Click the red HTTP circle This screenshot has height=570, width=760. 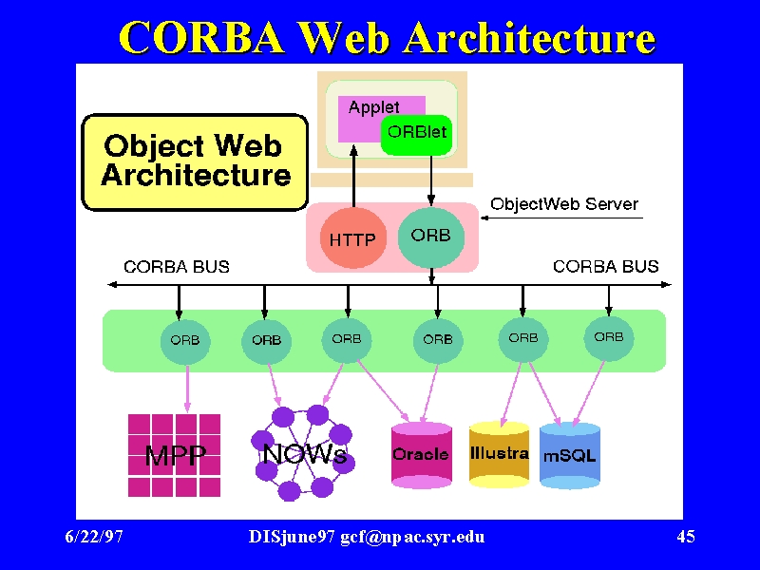pyautogui.click(x=352, y=238)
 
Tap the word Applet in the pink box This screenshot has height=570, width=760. pyautogui.click(x=373, y=107)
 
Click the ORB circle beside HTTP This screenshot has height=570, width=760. pyautogui.click(x=431, y=237)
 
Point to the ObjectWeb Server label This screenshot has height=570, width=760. pyautogui.click(x=564, y=204)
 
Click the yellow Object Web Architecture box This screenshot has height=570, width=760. pyautogui.click(x=195, y=162)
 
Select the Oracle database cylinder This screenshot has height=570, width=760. pyautogui.click(x=421, y=455)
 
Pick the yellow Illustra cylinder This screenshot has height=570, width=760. pyautogui.click(x=500, y=454)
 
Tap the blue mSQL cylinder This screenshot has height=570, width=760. pyautogui.click(x=569, y=455)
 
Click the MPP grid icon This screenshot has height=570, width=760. pyautogui.click(x=174, y=455)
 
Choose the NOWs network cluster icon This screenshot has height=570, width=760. pyautogui.click(x=303, y=453)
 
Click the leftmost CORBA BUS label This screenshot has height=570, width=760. pyautogui.click(x=177, y=267)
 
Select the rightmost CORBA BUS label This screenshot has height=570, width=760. pyautogui.click(x=606, y=267)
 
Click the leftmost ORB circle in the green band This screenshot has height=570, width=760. pyautogui.click(x=185, y=341)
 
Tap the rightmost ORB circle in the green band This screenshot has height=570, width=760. pyautogui.click(x=609, y=338)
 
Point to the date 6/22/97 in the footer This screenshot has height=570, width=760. pyautogui.click(x=94, y=537)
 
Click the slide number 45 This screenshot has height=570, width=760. pyautogui.click(x=686, y=537)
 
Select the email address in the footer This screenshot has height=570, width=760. pyautogui.click(x=412, y=537)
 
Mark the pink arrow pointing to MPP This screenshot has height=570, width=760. pyautogui.click(x=187, y=389)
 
